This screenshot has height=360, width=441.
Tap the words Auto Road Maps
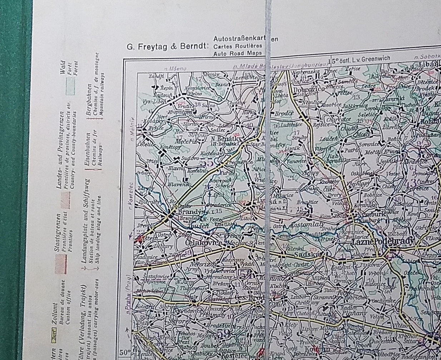tap(234, 54)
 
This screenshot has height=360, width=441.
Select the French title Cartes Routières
tap(238, 46)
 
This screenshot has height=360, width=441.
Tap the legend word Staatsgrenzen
tap(57, 232)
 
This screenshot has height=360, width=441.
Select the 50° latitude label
tap(125, 352)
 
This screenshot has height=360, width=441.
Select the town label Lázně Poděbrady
tap(382, 242)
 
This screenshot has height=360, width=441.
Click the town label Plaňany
tap(345, 313)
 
